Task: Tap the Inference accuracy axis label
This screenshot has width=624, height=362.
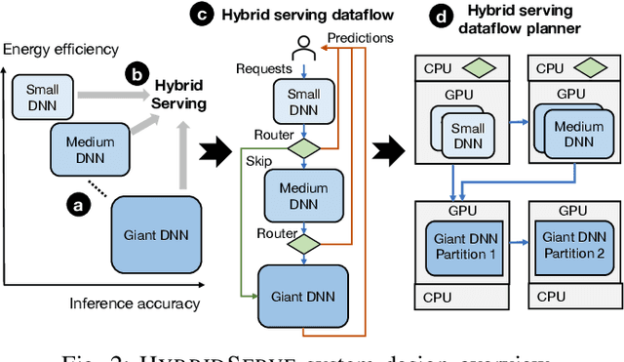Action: (x=134, y=303)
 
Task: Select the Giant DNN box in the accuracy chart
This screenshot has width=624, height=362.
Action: (x=156, y=234)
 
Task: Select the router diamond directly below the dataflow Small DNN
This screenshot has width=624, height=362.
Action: (x=304, y=148)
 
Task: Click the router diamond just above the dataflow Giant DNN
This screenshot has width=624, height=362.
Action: (x=304, y=243)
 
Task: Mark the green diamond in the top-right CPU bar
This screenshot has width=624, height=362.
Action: (x=588, y=70)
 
